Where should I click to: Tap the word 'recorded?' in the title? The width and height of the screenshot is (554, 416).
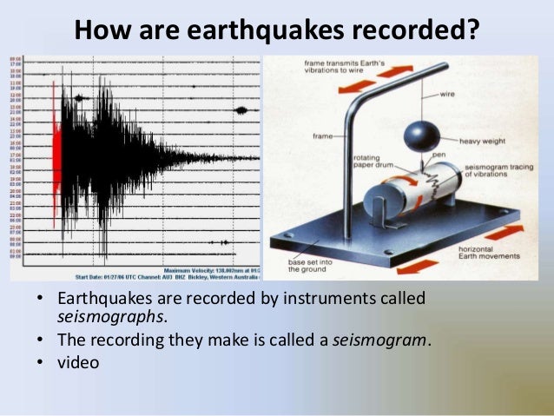tap(414, 29)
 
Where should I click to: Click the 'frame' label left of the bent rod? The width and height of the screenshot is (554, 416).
tap(323, 135)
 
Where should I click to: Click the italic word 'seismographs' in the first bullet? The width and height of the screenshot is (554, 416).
tap(109, 317)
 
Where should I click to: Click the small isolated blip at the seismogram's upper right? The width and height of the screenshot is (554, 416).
tap(241, 110)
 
